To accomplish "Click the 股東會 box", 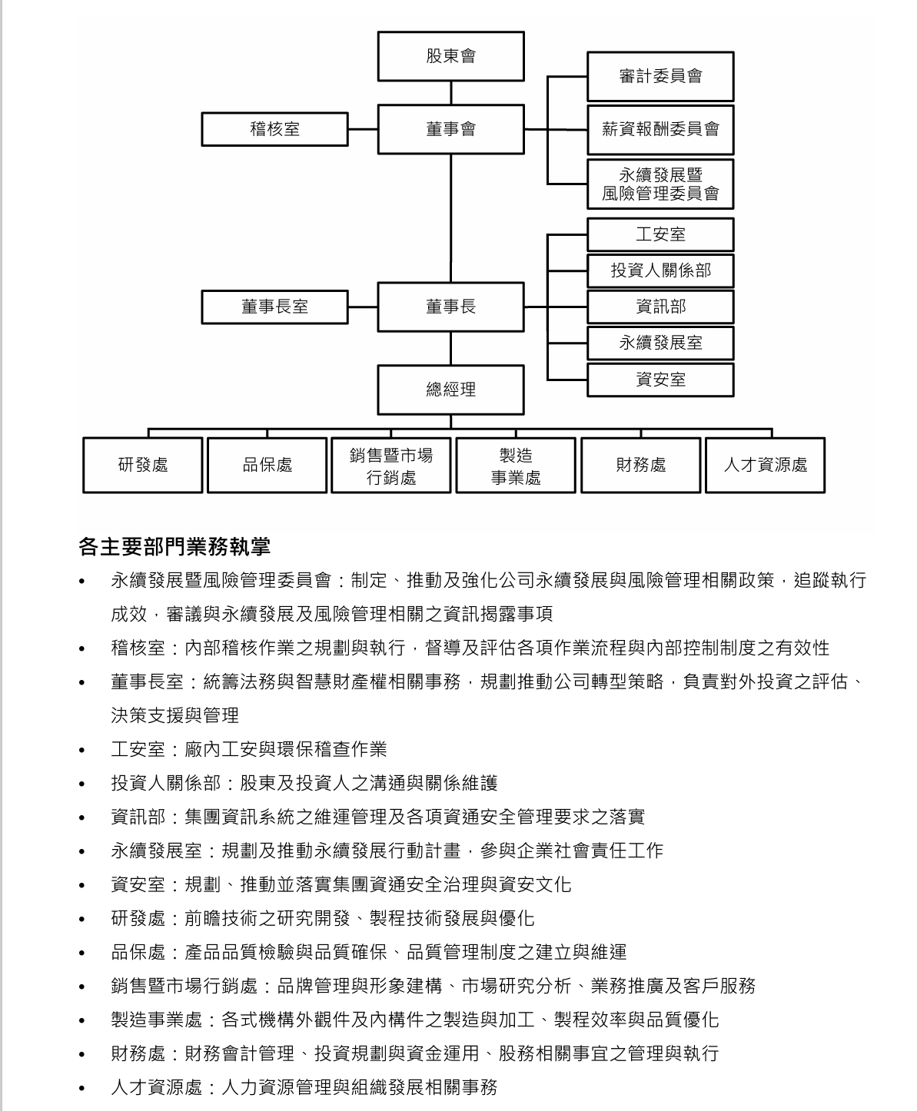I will pos(450,56).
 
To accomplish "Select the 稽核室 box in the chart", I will pos(274,129).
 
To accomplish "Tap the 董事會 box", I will pos(450,129).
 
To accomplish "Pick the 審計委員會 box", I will pos(660,76).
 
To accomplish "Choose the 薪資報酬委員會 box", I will pos(660,129).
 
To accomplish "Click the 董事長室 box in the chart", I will pos(274,307).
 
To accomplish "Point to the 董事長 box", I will pos(450,307).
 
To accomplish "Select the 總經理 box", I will pos(450,390).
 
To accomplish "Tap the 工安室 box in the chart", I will pos(660,234).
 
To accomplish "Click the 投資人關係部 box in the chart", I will pos(660,270).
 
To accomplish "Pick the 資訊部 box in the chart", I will pos(660,307).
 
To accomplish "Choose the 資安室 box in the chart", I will pos(660,380).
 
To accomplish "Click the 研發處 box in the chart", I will pos(143,465).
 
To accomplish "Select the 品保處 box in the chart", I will pos(267,465).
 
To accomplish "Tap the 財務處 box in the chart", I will pos(641,465).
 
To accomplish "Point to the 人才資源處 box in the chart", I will pos(766,465).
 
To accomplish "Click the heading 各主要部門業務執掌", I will pos(174,547).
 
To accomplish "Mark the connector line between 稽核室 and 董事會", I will pos(363,129).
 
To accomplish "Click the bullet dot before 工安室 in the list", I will pos(82,751).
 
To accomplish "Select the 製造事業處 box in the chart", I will pos(516,466).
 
